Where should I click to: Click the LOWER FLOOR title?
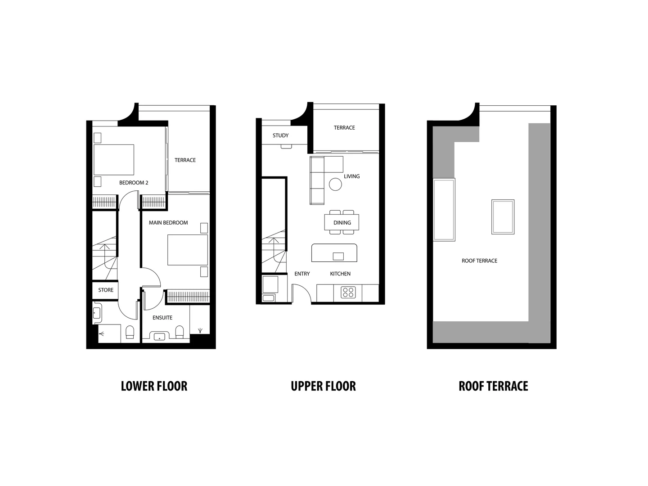pyautogui.click(x=154, y=386)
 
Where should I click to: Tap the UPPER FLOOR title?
pyautogui.click(x=323, y=386)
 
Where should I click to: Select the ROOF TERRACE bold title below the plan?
pyautogui.click(x=493, y=386)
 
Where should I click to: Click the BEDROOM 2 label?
pyautogui.click(x=134, y=183)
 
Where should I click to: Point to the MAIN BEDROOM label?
pyautogui.click(x=168, y=223)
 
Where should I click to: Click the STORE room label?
pyautogui.click(x=106, y=290)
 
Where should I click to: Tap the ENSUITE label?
pyautogui.click(x=162, y=318)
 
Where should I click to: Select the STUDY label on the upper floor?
pyautogui.click(x=280, y=135)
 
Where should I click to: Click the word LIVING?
pyautogui.click(x=351, y=176)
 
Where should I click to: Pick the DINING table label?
pyautogui.click(x=342, y=223)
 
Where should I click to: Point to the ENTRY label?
pyautogui.click(x=302, y=274)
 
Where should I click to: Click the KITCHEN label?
pyautogui.click(x=340, y=274)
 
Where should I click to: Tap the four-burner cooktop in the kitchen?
pyautogui.click(x=348, y=292)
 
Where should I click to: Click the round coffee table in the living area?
pyautogui.click(x=335, y=184)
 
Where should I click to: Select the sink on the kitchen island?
pyautogui.click(x=338, y=256)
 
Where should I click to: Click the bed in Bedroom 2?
pyautogui.click(x=113, y=160)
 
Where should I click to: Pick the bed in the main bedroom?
pyautogui.click(x=188, y=250)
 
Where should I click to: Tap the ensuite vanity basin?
pyautogui.click(x=159, y=336)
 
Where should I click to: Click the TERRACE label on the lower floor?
pyautogui.click(x=185, y=160)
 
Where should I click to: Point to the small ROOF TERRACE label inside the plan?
pyautogui.click(x=479, y=261)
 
